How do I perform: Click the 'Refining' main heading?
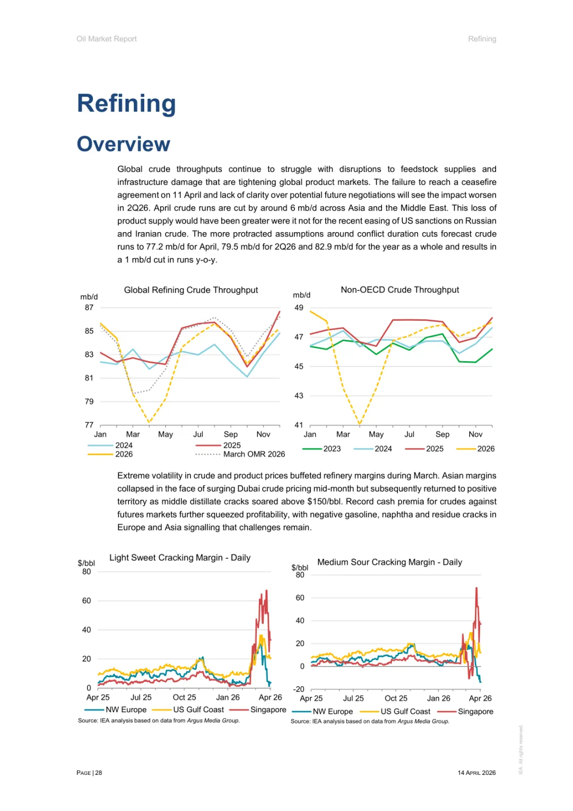click(x=126, y=104)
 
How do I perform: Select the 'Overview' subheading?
click(x=124, y=144)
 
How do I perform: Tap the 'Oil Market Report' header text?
click(x=107, y=39)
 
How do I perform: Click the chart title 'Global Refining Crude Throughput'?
click(x=191, y=290)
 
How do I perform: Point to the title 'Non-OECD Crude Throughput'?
click(x=400, y=289)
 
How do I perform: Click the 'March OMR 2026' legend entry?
click(x=254, y=454)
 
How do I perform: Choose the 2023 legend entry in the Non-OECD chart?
click(x=332, y=449)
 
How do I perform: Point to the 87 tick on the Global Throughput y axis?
click(x=89, y=308)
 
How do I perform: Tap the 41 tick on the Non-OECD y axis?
click(x=299, y=425)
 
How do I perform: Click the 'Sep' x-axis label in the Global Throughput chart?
click(x=231, y=434)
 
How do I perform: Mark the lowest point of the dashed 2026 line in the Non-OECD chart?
click(x=360, y=424)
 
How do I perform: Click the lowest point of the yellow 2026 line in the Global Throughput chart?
click(x=150, y=423)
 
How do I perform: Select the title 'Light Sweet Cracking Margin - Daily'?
click(x=180, y=558)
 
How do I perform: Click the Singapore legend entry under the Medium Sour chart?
click(x=475, y=712)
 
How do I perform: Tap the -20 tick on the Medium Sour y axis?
click(x=299, y=689)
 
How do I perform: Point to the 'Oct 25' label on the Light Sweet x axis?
click(x=184, y=697)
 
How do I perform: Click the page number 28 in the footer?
click(x=99, y=773)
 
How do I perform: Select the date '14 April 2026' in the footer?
click(x=476, y=773)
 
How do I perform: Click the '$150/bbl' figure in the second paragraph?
click(x=324, y=501)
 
